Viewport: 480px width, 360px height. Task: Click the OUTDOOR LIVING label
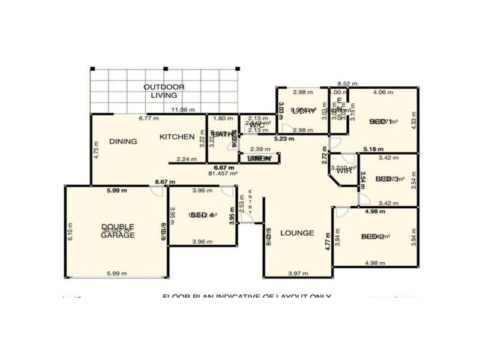click(164, 91)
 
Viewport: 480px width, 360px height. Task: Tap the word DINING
click(123, 142)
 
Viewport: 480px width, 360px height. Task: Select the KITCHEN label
click(176, 137)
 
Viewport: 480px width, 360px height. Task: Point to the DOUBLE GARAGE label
click(118, 231)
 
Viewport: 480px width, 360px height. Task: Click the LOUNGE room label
click(298, 233)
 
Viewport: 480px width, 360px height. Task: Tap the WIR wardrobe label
click(343, 172)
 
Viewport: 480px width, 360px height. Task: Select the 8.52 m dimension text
click(347, 84)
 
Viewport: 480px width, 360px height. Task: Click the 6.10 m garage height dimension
click(70, 230)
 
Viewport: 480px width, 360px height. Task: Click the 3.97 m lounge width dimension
click(298, 274)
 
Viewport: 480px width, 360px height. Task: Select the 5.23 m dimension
click(284, 139)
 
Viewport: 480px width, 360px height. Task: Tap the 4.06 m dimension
click(383, 92)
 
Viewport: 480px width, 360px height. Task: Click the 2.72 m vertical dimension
click(325, 158)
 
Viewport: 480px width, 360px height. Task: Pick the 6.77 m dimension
click(148, 119)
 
